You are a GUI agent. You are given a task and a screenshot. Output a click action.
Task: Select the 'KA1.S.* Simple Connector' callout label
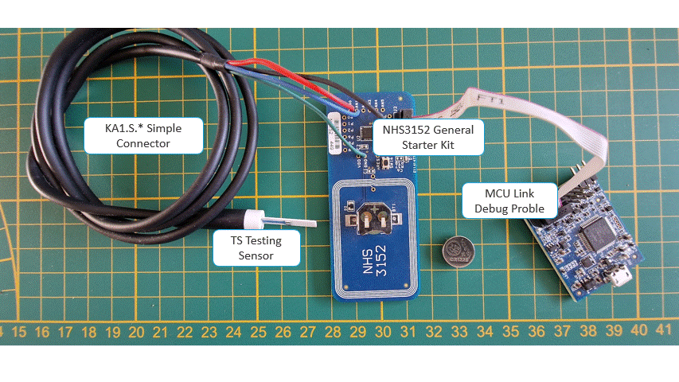click(143, 135)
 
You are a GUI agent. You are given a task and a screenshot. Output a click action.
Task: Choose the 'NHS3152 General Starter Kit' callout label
click(428, 137)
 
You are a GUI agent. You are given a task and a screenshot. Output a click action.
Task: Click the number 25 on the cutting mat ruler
click(259, 331)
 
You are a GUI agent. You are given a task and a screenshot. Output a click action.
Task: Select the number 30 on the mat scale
click(382, 331)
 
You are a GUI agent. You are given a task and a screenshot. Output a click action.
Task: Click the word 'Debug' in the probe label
click(491, 209)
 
